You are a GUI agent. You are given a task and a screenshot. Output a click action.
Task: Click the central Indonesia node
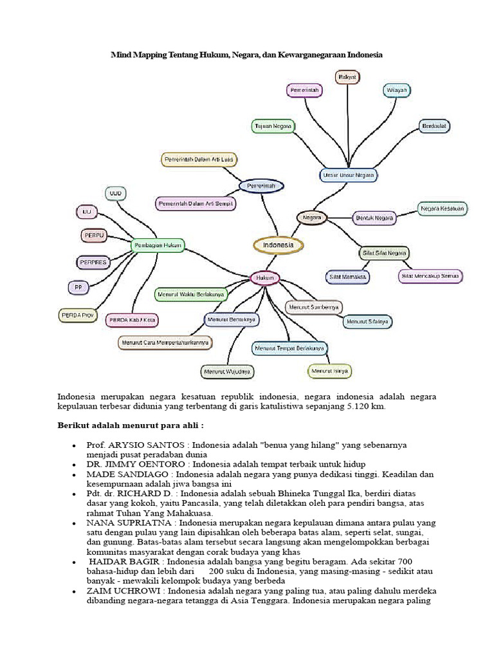pos(278,245)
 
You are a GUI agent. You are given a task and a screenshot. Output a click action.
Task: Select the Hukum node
pos(265,278)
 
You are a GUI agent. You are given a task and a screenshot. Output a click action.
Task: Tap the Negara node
pos(312,218)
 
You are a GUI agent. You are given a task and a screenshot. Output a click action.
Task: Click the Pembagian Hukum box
pos(158,245)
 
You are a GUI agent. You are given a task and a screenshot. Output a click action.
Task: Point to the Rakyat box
pos(347,77)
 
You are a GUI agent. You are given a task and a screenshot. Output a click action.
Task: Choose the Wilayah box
pos(398,90)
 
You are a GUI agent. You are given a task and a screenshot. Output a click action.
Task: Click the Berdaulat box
pos(435,125)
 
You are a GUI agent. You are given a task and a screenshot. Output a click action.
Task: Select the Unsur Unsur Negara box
pos(348,174)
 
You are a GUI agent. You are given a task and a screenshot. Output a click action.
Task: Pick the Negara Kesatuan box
pos(443,209)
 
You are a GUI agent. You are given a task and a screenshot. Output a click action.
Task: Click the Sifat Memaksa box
pos(347,277)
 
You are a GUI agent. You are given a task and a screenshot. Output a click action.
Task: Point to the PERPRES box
pos(93,262)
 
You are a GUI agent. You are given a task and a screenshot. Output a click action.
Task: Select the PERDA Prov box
pos(78,315)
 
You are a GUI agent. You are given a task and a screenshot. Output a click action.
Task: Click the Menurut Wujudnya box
pos(227,372)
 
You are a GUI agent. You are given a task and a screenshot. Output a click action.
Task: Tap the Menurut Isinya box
pos(330,371)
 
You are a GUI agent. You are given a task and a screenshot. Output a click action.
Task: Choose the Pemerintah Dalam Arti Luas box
pos(197,160)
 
